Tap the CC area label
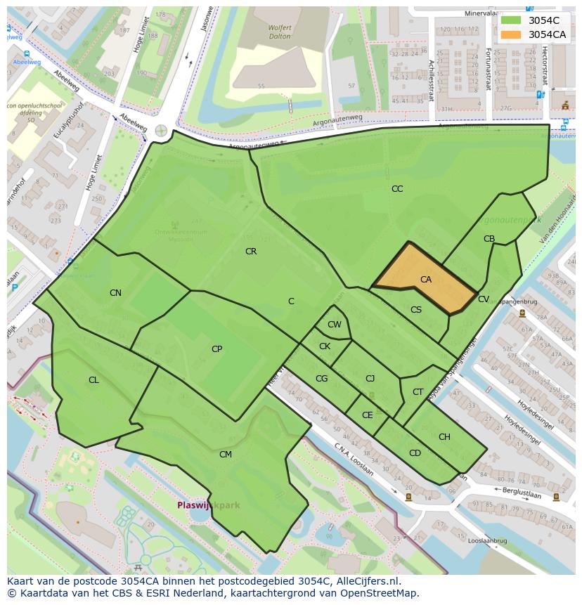pyautogui.click(x=397, y=189)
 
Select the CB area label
pyautogui.click(x=489, y=239)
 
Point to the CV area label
pyautogui.click(x=484, y=299)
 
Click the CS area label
pyautogui.click(x=416, y=310)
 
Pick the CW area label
pyautogui.click(x=335, y=325)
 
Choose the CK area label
pyautogui.click(x=325, y=346)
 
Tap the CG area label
pyautogui.click(x=321, y=379)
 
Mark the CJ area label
pyautogui.click(x=370, y=379)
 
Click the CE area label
pyautogui.click(x=368, y=415)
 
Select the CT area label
pyautogui.click(x=418, y=392)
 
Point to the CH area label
pyautogui.click(x=444, y=437)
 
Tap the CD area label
pyautogui.click(x=415, y=453)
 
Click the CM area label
pyautogui.click(x=226, y=455)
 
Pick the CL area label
pyautogui.click(x=93, y=380)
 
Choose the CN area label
pyautogui.click(x=115, y=293)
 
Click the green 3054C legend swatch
pyautogui.click(x=512, y=20)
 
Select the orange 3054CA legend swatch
pyautogui.click(x=512, y=34)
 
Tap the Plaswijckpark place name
pyautogui.click(x=208, y=505)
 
